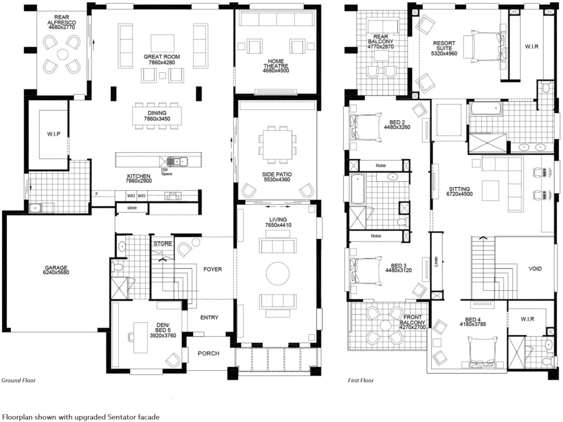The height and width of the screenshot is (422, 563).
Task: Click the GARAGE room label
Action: pos(56,267)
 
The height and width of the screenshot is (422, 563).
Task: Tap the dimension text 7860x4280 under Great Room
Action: pos(161,62)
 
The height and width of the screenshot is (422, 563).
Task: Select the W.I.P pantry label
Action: pos(54,134)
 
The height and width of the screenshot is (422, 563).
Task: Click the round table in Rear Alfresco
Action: pos(62,55)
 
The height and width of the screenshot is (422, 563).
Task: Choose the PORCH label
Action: pos(208,353)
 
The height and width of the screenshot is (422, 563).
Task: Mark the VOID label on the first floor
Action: pos(535,269)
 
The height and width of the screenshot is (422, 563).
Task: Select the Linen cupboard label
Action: pos(436,261)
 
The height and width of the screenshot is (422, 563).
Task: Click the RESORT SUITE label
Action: pos(444,45)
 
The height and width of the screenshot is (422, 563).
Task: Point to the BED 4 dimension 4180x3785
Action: pos(473,324)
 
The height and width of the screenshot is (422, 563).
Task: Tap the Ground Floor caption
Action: pos(18,380)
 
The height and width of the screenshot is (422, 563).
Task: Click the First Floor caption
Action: pos(361,380)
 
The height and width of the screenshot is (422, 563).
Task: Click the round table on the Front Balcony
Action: pos(386,325)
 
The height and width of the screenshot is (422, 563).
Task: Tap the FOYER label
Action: pos(213,270)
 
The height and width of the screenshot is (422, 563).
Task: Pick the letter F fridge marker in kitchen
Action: pos(97,194)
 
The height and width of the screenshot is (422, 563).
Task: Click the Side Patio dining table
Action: pos(277,144)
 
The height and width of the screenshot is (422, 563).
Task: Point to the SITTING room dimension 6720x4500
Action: pos(460,194)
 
